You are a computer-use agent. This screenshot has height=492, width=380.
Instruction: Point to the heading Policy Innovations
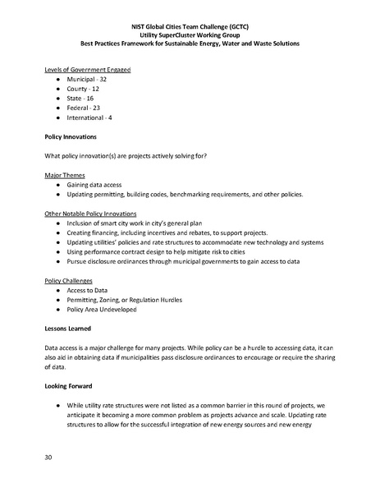pos(76,136)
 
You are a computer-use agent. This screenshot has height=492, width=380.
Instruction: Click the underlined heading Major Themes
pos(65,175)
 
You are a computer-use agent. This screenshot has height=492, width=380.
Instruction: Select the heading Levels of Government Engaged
pos(88,69)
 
